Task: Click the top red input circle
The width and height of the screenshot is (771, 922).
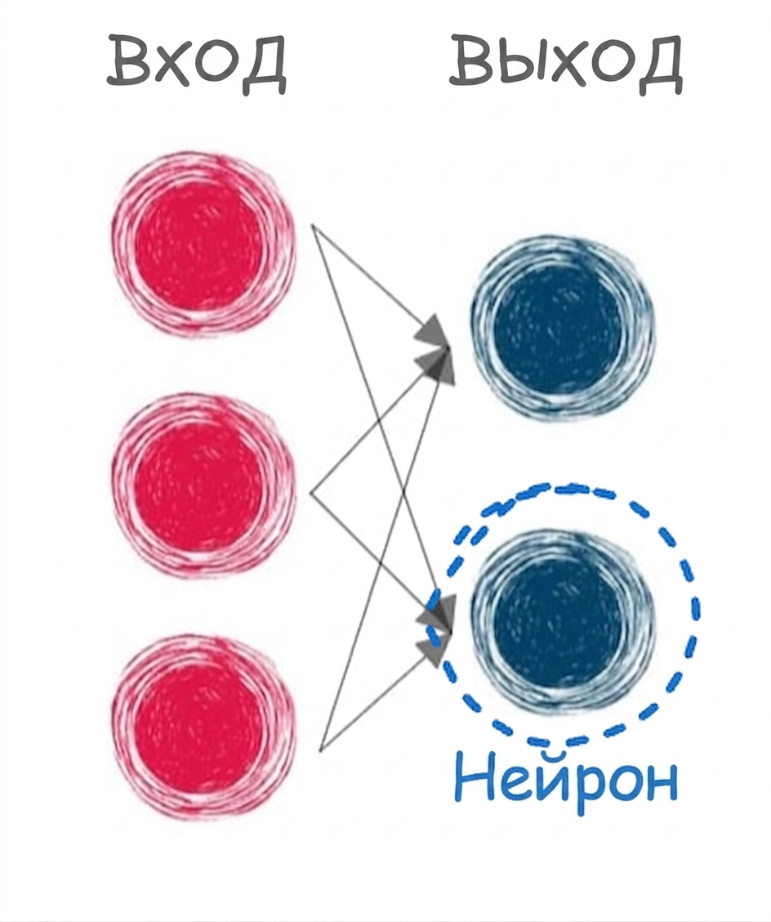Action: click(x=203, y=244)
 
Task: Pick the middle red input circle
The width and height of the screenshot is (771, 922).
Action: click(x=203, y=486)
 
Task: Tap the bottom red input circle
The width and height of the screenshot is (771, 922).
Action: click(x=203, y=726)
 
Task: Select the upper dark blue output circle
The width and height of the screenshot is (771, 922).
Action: click(x=563, y=328)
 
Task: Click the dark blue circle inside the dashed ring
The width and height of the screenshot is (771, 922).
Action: click(x=563, y=621)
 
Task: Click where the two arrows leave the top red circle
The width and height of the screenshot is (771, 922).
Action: click(x=312, y=226)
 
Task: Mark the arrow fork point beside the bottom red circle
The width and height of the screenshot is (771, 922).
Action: click(x=319, y=751)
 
